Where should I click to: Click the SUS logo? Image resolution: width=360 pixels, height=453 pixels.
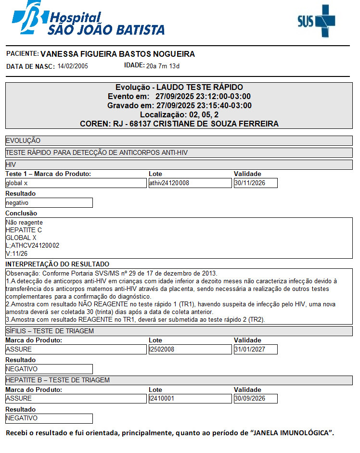click(316, 21)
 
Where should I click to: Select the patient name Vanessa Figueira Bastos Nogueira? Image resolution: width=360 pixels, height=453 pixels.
click(117, 54)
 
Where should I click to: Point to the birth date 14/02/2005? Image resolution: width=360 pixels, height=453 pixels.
click(73, 66)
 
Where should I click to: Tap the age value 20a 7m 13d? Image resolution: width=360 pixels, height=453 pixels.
click(163, 66)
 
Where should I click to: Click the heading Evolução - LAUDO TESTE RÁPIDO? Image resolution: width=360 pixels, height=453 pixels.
click(179, 88)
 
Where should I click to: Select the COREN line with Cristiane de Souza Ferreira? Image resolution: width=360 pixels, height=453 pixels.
click(179, 124)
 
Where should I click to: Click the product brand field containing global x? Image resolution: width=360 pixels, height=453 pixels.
click(76, 183)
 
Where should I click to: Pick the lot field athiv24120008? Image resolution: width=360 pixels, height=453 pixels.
click(190, 183)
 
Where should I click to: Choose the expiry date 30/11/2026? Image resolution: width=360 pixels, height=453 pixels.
click(256, 183)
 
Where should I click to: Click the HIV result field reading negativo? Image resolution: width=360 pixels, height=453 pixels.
click(49, 203)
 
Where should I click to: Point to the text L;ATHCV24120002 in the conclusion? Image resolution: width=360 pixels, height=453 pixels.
click(32, 246)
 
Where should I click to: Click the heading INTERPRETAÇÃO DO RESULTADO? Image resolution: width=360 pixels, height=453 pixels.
click(57, 264)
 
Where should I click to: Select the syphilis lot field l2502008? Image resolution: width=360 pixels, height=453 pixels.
click(190, 350)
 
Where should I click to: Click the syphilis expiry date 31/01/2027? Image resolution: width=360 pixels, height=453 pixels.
click(256, 350)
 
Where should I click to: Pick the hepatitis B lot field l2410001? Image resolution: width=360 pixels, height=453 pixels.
click(190, 399)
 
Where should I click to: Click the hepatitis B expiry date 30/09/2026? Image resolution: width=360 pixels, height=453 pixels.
click(256, 399)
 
